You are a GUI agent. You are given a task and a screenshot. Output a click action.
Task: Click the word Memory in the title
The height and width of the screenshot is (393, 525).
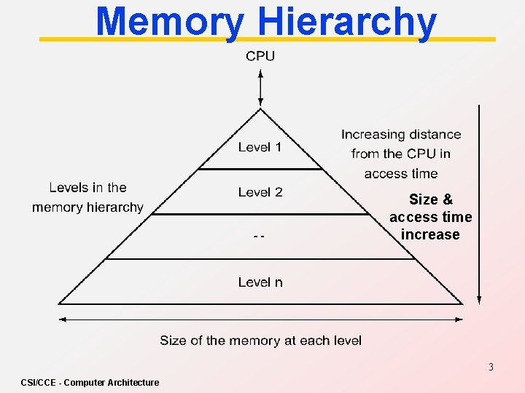click(x=169, y=22)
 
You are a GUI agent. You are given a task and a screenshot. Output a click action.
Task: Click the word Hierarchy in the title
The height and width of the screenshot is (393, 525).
click(x=347, y=22)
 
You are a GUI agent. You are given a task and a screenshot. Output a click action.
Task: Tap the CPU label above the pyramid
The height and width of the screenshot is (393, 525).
click(x=260, y=56)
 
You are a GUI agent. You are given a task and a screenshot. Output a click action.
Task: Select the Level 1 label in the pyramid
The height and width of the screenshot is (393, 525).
click(x=260, y=147)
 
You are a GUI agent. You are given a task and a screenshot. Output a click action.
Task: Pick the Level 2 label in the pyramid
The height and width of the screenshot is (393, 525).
click(x=260, y=192)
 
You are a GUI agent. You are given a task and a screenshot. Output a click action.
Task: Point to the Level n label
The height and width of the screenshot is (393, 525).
click(x=260, y=282)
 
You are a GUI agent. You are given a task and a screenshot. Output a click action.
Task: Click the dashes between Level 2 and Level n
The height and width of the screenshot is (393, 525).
click(x=259, y=237)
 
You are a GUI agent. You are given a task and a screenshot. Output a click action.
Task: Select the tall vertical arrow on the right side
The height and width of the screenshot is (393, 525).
click(x=478, y=204)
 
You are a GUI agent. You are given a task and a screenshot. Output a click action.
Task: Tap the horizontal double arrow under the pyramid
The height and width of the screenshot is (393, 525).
click(x=260, y=319)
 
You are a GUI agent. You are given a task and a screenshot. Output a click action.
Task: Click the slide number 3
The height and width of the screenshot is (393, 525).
click(x=491, y=367)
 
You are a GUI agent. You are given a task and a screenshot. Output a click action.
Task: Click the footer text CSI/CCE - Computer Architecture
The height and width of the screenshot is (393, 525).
click(x=90, y=382)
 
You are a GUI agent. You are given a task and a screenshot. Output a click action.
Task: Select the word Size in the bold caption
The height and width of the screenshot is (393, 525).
click(x=424, y=199)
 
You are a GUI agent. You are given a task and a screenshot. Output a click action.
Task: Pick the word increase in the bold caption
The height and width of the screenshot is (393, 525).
click(x=430, y=234)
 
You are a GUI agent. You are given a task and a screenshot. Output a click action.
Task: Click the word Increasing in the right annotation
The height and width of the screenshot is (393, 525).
click(x=373, y=135)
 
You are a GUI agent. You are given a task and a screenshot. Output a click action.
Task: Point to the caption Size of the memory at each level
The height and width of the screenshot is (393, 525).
click(x=260, y=341)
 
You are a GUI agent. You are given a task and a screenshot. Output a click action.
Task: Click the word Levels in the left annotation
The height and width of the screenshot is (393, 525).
click(x=67, y=188)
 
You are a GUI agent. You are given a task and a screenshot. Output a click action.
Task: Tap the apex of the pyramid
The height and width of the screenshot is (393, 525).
click(x=260, y=109)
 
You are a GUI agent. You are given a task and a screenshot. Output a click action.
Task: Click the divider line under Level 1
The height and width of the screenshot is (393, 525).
click(x=260, y=169)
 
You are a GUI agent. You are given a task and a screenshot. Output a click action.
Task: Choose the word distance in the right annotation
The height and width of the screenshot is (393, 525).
click(x=435, y=135)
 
